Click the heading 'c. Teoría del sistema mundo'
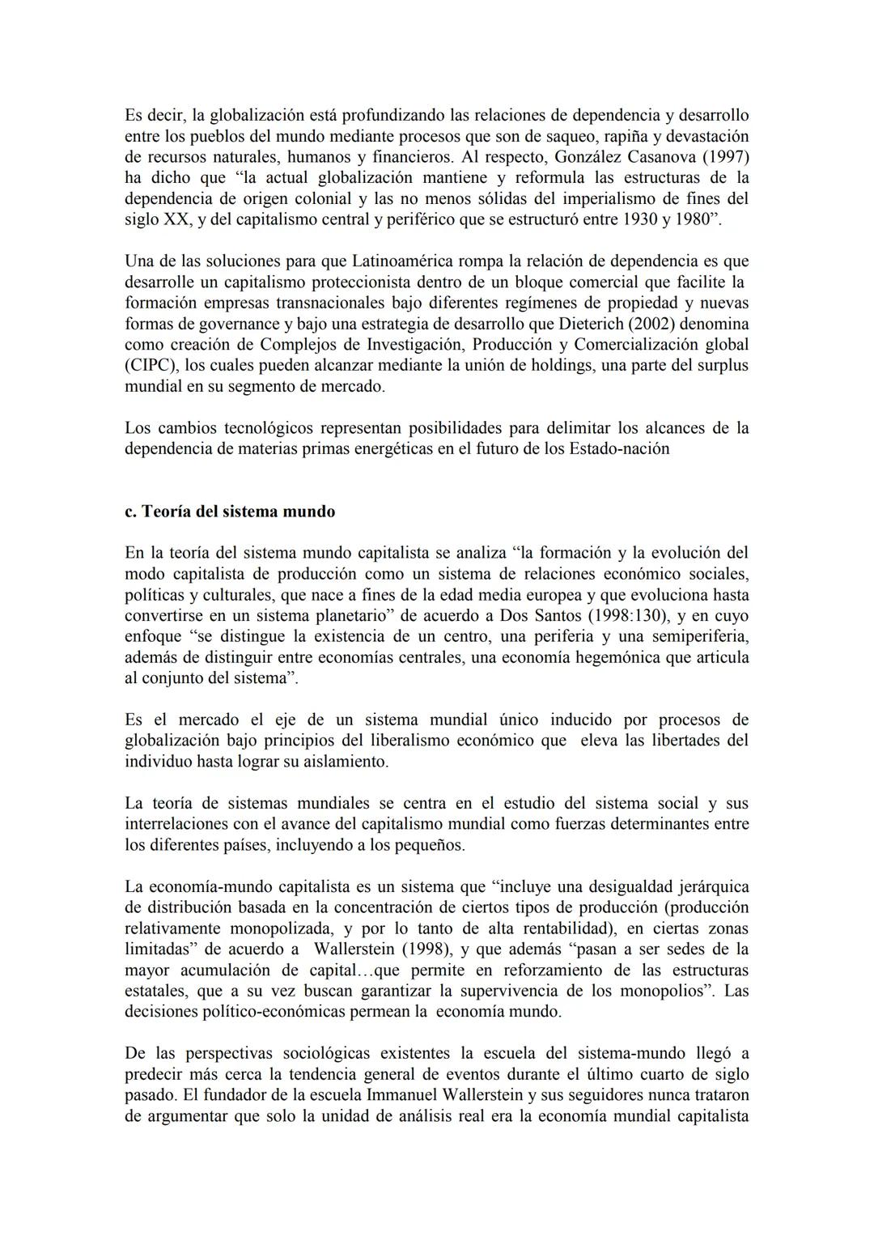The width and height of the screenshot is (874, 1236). click(x=230, y=512)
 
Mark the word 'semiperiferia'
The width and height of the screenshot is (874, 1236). click(x=701, y=636)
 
